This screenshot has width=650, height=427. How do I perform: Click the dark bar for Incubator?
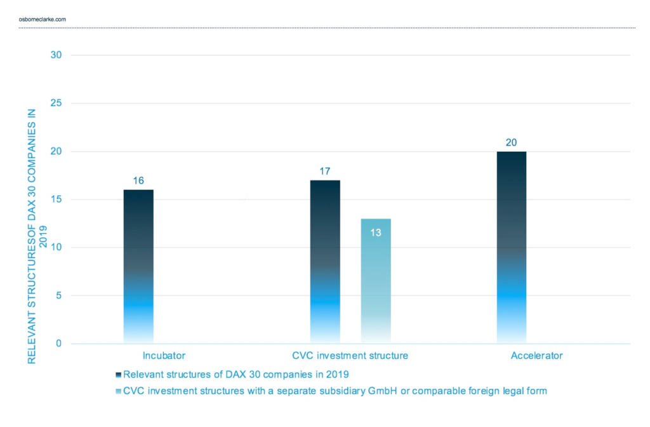[138, 266]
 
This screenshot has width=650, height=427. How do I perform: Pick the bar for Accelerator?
[511, 247]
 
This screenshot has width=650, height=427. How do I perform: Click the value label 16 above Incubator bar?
[138, 180]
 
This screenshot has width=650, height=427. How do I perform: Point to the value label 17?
[325, 171]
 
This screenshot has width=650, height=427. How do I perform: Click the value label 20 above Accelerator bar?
[511, 142]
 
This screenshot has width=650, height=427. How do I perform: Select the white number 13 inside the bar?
[376, 233]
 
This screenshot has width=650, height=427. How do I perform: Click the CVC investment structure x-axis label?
[350, 356]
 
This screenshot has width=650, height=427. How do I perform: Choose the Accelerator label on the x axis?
[536, 356]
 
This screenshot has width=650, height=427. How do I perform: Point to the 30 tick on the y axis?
[56, 55]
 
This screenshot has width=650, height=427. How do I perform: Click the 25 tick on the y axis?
[56, 103]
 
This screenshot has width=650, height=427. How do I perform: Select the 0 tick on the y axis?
[58, 344]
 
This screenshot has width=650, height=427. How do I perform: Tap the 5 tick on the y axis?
[58, 295]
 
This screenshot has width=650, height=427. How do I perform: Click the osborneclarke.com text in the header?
[43, 19]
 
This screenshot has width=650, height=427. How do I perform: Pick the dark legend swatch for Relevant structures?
[119, 374]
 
